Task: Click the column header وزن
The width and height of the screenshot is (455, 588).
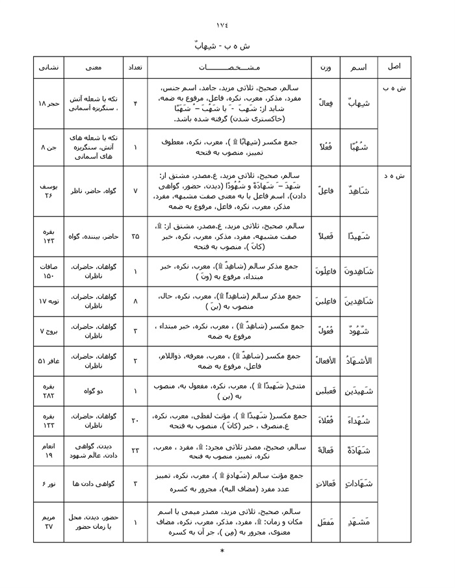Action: coord(325,67)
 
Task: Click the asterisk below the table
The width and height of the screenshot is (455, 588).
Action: coord(222,552)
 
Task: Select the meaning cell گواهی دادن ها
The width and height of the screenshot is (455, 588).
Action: coord(91,484)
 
